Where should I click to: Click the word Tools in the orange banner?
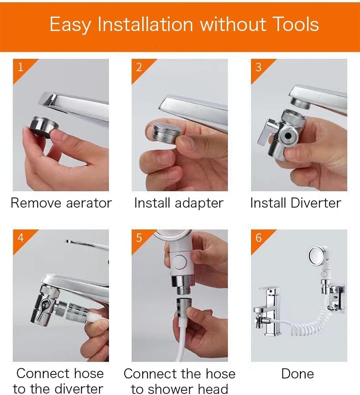pos(293,25)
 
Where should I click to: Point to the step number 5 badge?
pos(139,238)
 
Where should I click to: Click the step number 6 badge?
pos(259,238)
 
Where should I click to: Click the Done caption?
pos(298,374)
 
